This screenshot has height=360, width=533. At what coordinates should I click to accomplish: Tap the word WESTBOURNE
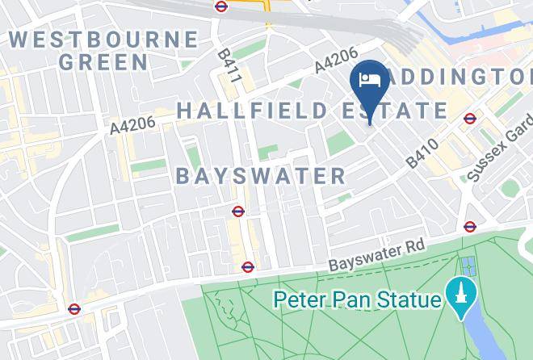(103, 39)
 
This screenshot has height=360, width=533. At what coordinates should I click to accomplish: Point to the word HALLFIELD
(243, 111)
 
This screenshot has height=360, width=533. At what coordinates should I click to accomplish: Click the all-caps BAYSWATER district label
(261, 176)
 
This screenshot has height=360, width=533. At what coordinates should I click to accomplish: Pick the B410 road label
(422, 153)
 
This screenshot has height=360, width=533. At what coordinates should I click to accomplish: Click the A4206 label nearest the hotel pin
(335, 61)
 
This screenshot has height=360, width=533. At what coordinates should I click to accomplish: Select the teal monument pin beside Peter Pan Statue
(460, 294)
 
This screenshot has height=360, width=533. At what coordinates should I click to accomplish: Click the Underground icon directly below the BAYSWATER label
(238, 211)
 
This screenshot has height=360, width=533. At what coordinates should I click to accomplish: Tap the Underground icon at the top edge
(221, 6)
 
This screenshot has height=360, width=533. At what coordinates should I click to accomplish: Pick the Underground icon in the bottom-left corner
(74, 308)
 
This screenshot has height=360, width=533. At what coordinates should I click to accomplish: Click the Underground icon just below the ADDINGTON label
(470, 119)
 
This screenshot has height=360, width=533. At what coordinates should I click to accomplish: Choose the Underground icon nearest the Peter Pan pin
(470, 226)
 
